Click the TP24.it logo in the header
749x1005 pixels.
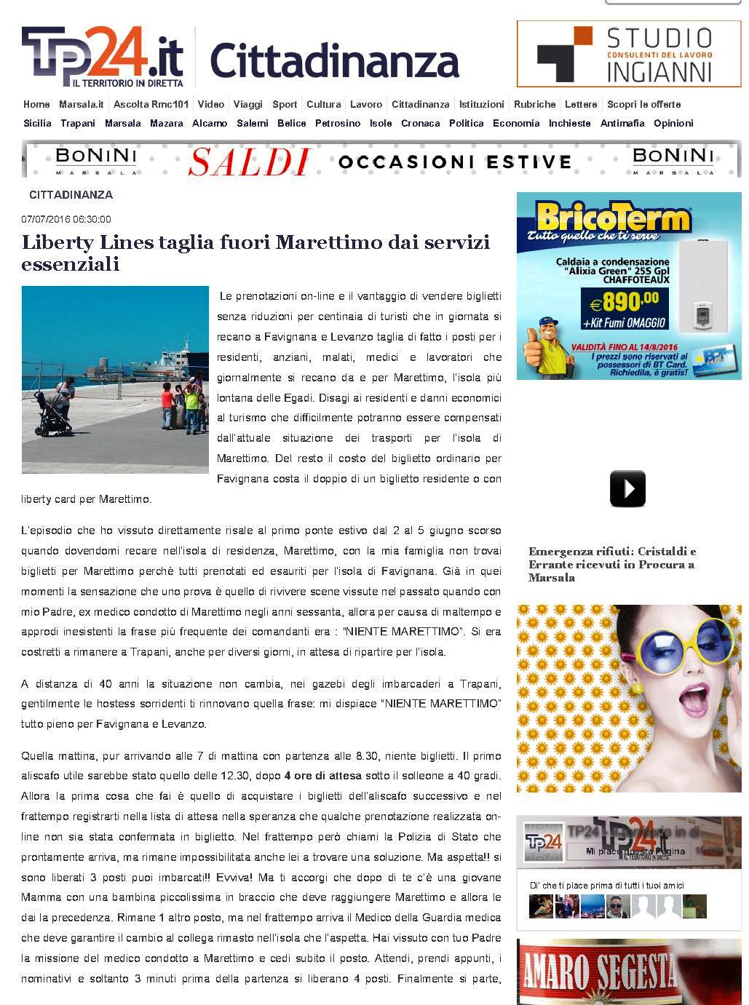(102, 56)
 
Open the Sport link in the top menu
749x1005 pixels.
(285, 104)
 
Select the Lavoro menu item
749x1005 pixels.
(365, 104)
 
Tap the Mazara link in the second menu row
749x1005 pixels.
(166, 123)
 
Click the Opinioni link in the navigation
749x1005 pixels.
(673, 123)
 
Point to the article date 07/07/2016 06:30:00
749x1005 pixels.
(66, 219)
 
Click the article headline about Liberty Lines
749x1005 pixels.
(255, 253)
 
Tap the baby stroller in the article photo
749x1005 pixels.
(53, 416)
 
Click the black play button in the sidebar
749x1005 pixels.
(627, 488)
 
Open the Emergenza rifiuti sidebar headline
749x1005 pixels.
(612, 564)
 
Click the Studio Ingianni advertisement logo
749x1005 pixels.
(629, 55)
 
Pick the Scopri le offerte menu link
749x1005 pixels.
(643, 104)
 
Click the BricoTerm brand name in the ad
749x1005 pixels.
(613, 217)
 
